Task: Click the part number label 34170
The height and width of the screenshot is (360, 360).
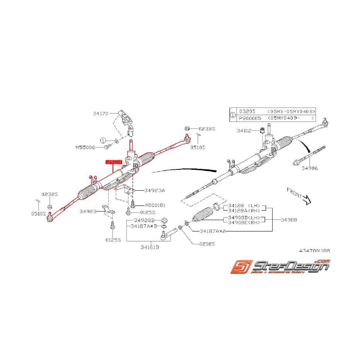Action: (101, 114)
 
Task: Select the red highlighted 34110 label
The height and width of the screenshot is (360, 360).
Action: (114, 162)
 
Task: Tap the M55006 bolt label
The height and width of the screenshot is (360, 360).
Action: (85, 147)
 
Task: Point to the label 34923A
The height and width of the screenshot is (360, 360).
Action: (155, 190)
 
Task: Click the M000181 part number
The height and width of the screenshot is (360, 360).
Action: (155, 205)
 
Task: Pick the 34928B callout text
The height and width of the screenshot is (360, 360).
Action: (143, 220)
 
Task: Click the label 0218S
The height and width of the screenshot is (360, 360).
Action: (207, 244)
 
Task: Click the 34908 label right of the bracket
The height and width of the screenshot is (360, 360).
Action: (289, 220)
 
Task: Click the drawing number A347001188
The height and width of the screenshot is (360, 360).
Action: (314, 251)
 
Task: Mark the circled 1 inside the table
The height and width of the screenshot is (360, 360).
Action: (232, 114)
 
